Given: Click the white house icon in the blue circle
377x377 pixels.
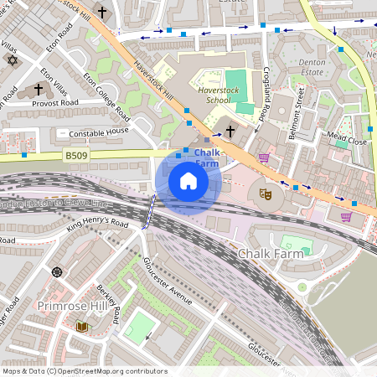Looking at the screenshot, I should pyautogui.click(x=188, y=181).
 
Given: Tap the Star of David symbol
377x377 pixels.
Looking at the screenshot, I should pyautogui.click(x=12, y=59).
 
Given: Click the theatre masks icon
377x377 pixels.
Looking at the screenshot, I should pyautogui.click(x=266, y=194).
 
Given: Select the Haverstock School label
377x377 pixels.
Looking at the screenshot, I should pyautogui.click(x=207, y=93).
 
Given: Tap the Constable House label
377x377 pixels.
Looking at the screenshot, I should pyautogui.click(x=99, y=132).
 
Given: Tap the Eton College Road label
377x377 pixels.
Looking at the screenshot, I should pyautogui.click(x=106, y=95).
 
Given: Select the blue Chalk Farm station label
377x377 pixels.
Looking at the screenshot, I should pyautogui.click(x=208, y=158).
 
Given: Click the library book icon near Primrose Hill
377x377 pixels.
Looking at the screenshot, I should pyautogui.click(x=82, y=327).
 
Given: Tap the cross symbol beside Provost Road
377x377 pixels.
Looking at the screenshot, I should pyautogui.click(x=39, y=88).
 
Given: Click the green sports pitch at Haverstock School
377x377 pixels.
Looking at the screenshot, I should pyautogui.click(x=236, y=81).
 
